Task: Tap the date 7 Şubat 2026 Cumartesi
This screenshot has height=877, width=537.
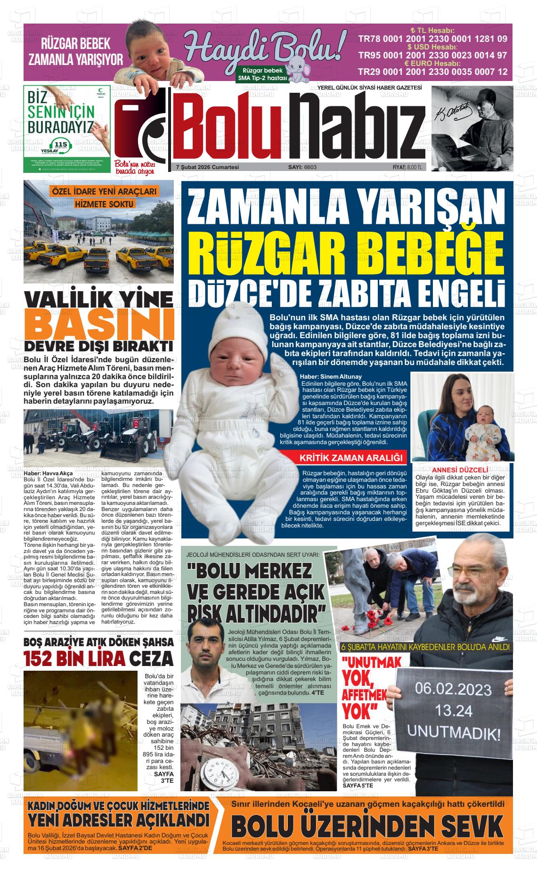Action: [207, 167]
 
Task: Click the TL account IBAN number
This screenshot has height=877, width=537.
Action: [432, 39]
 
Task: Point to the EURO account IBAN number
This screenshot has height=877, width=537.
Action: [432, 72]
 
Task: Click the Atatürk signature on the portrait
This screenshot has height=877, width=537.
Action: [447, 112]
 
